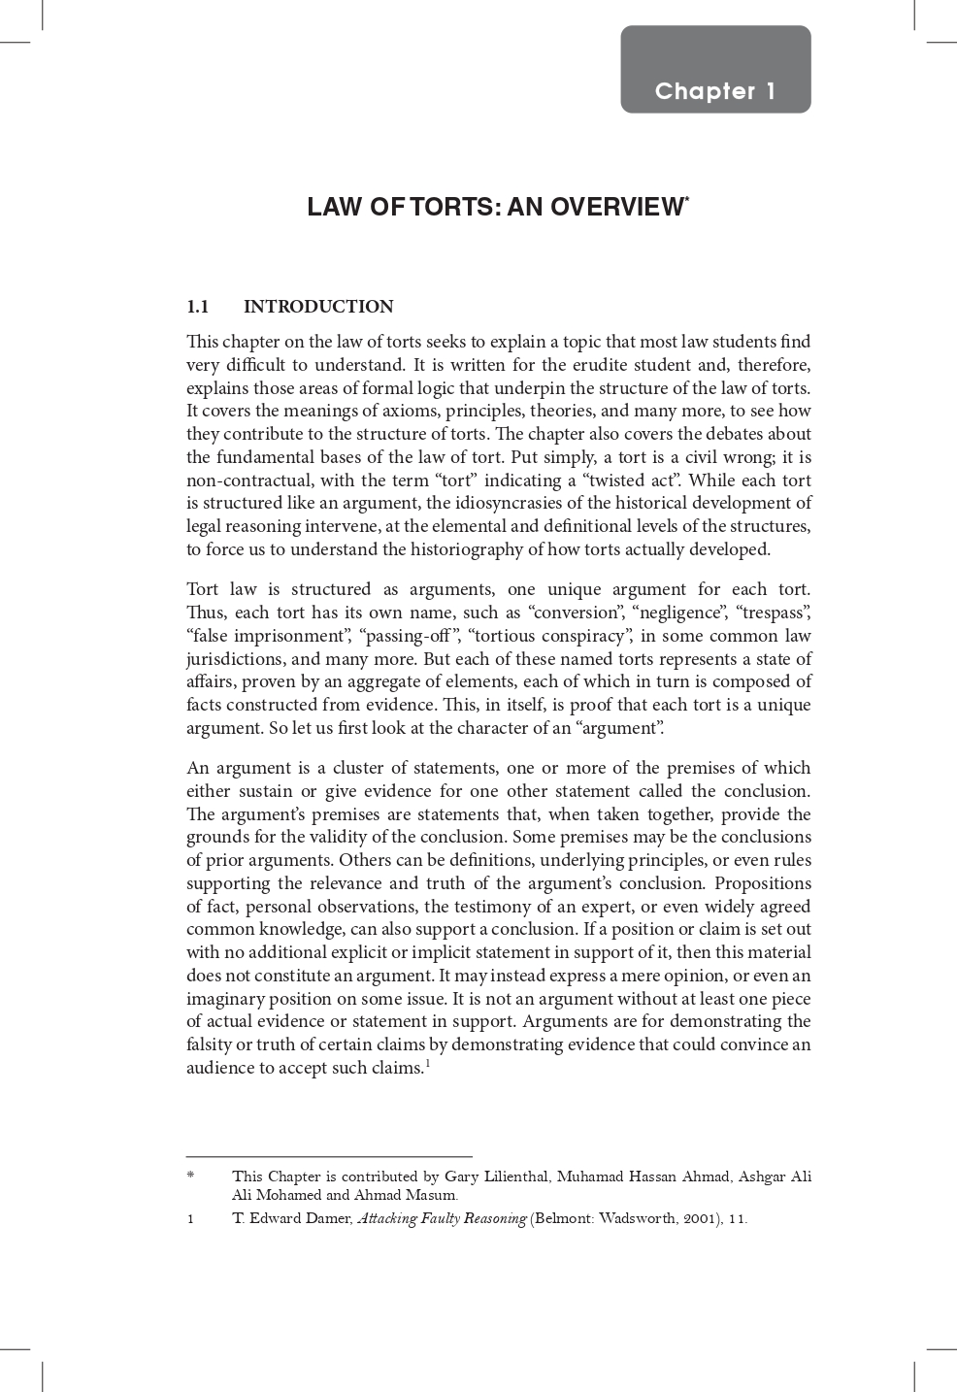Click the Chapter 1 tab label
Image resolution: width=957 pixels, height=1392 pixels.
tap(715, 91)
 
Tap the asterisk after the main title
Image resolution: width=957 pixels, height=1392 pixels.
tap(687, 200)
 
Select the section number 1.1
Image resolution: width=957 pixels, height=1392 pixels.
tap(198, 307)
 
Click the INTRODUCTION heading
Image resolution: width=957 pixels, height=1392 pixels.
tap(318, 307)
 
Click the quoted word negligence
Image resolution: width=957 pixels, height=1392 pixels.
tap(679, 613)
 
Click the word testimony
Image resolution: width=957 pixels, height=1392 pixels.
tap(502, 907)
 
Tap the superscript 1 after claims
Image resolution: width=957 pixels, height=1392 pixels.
tap(427, 1064)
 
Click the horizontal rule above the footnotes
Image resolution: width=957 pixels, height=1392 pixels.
tap(329, 1156)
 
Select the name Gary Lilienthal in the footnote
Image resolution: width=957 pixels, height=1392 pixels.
tap(496, 1177)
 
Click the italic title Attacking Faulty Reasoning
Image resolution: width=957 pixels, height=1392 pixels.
tap(442, 1218)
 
